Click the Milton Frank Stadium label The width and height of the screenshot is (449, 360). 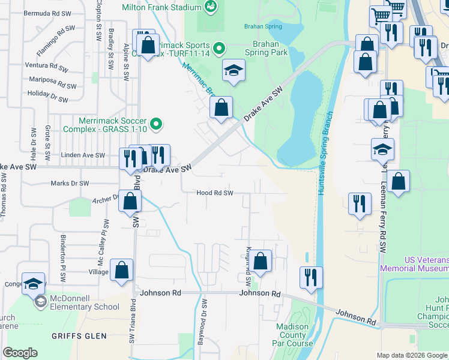(x=161, y=7)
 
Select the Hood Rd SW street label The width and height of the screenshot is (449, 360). (x=214, y=193)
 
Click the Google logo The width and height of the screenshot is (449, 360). (x=20, y=353)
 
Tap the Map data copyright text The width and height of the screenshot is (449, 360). (x=411, y=355)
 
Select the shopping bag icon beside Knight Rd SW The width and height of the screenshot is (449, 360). (x=261, y=261)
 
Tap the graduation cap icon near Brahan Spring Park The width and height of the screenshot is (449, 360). (x=233, y=70)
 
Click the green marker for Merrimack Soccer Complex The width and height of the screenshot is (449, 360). (x=156, y=125)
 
